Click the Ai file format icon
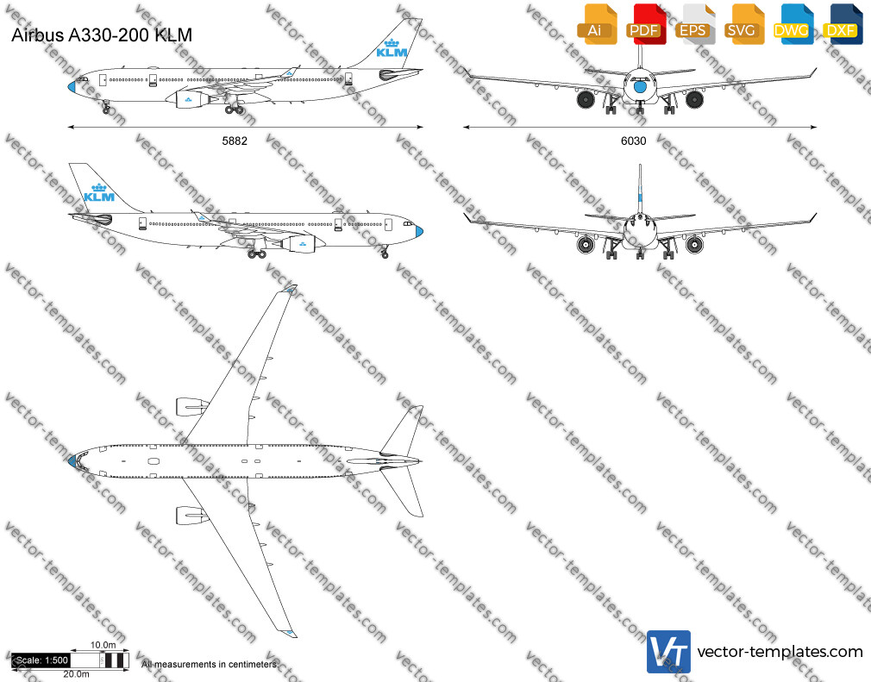click(x=597, y=24)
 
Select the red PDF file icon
click(x=645, y=24)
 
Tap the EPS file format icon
click(x=694, y=24)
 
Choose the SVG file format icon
click(x=743, y=24)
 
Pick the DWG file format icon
click(x=793, y=24)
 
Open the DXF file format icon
click(x=843, y=24)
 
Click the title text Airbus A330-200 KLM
click(x=102, y=35)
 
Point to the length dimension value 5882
click(x=235, y=141)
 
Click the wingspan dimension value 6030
click(x=633, y=141)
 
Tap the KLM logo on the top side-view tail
click(x=392, y=48)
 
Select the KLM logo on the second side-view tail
click(x=99, y=193)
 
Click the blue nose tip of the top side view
click(x=72, y=86)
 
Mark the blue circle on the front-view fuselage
click(x=640, y=86)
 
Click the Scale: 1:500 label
click(x=41, y=660)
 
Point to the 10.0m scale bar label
click(x=103, y=645)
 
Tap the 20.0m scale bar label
click(x=76, y=674)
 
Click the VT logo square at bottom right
click(x=668, y=652)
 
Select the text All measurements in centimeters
click(x=209, y=664)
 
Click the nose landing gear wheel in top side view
click(x=106, y=110)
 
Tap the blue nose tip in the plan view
click(x=72, y=461)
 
